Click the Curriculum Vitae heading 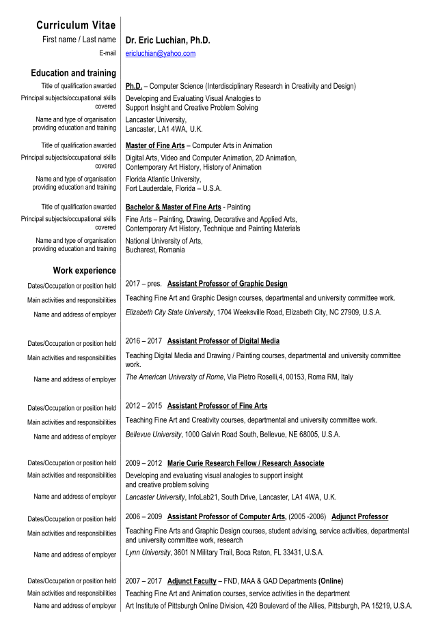pyautogui.click(x=76, y=25)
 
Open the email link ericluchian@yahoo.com pyautogui.click(x=161, y=53)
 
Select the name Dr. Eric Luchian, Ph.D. pyautogui.click(x=167, y=40)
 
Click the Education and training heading pyautogui.click(x=73, y=73)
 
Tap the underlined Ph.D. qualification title pyautogui.click(x=134, y=87)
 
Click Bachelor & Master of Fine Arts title pyautogui.click(x=174, y=207)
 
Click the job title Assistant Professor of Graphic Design pyautogui.click(x=227, y=284)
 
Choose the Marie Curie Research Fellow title pyautogui.click(x=246, y=463)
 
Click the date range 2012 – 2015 pyautogui.click(x=144, y=406)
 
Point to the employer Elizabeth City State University pyautogui.click(x=169, y=312)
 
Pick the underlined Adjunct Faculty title pyautogui.click(x=192, y=581)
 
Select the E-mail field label pyautogui.click(x=107, y=53)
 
